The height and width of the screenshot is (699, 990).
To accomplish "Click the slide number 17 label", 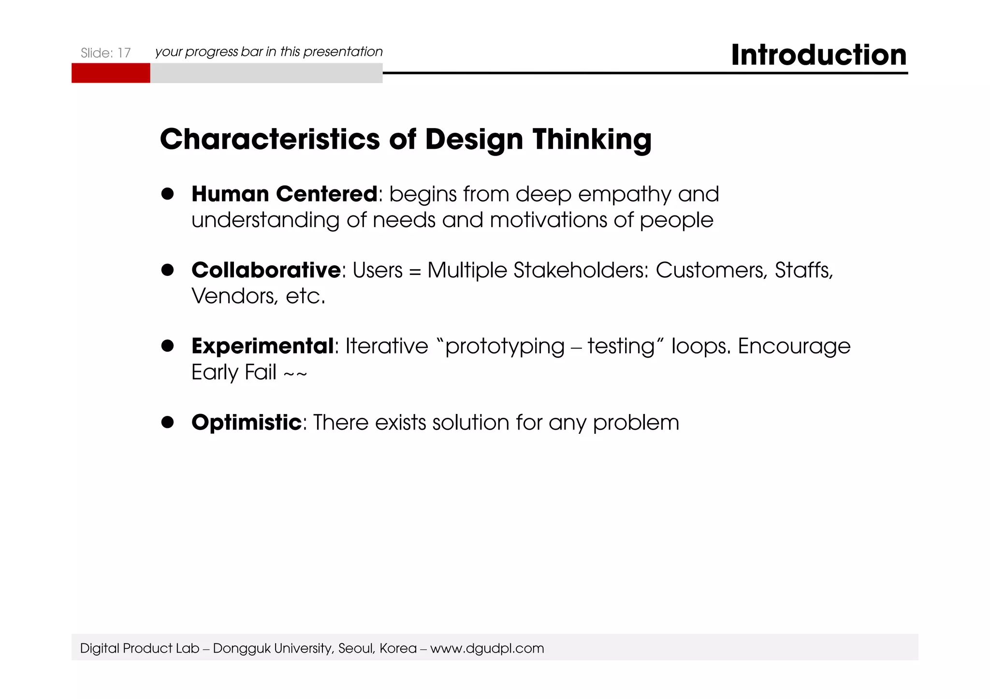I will (x=105, y=53).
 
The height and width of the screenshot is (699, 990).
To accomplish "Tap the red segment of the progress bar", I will (x=111, y=73).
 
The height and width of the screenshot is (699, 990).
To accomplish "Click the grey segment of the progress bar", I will (x=266, y=73).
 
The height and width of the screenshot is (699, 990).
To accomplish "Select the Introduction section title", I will (x=818, y=55).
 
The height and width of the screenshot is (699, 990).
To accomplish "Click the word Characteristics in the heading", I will (x=270, y=139).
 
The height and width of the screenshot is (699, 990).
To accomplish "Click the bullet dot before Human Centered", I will (x=167, y=194).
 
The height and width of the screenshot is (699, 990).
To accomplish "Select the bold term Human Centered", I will (x=284, y=194).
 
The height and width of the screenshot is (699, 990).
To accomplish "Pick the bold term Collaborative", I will (x=266, y=270).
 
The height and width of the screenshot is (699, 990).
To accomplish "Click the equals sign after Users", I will (x=415, y=271).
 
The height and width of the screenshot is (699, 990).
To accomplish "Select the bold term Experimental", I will (x=262, y=346).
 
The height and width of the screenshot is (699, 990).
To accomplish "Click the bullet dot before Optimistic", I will (x=167, y=422).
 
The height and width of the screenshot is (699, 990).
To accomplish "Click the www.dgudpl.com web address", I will (x=487, y=648).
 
